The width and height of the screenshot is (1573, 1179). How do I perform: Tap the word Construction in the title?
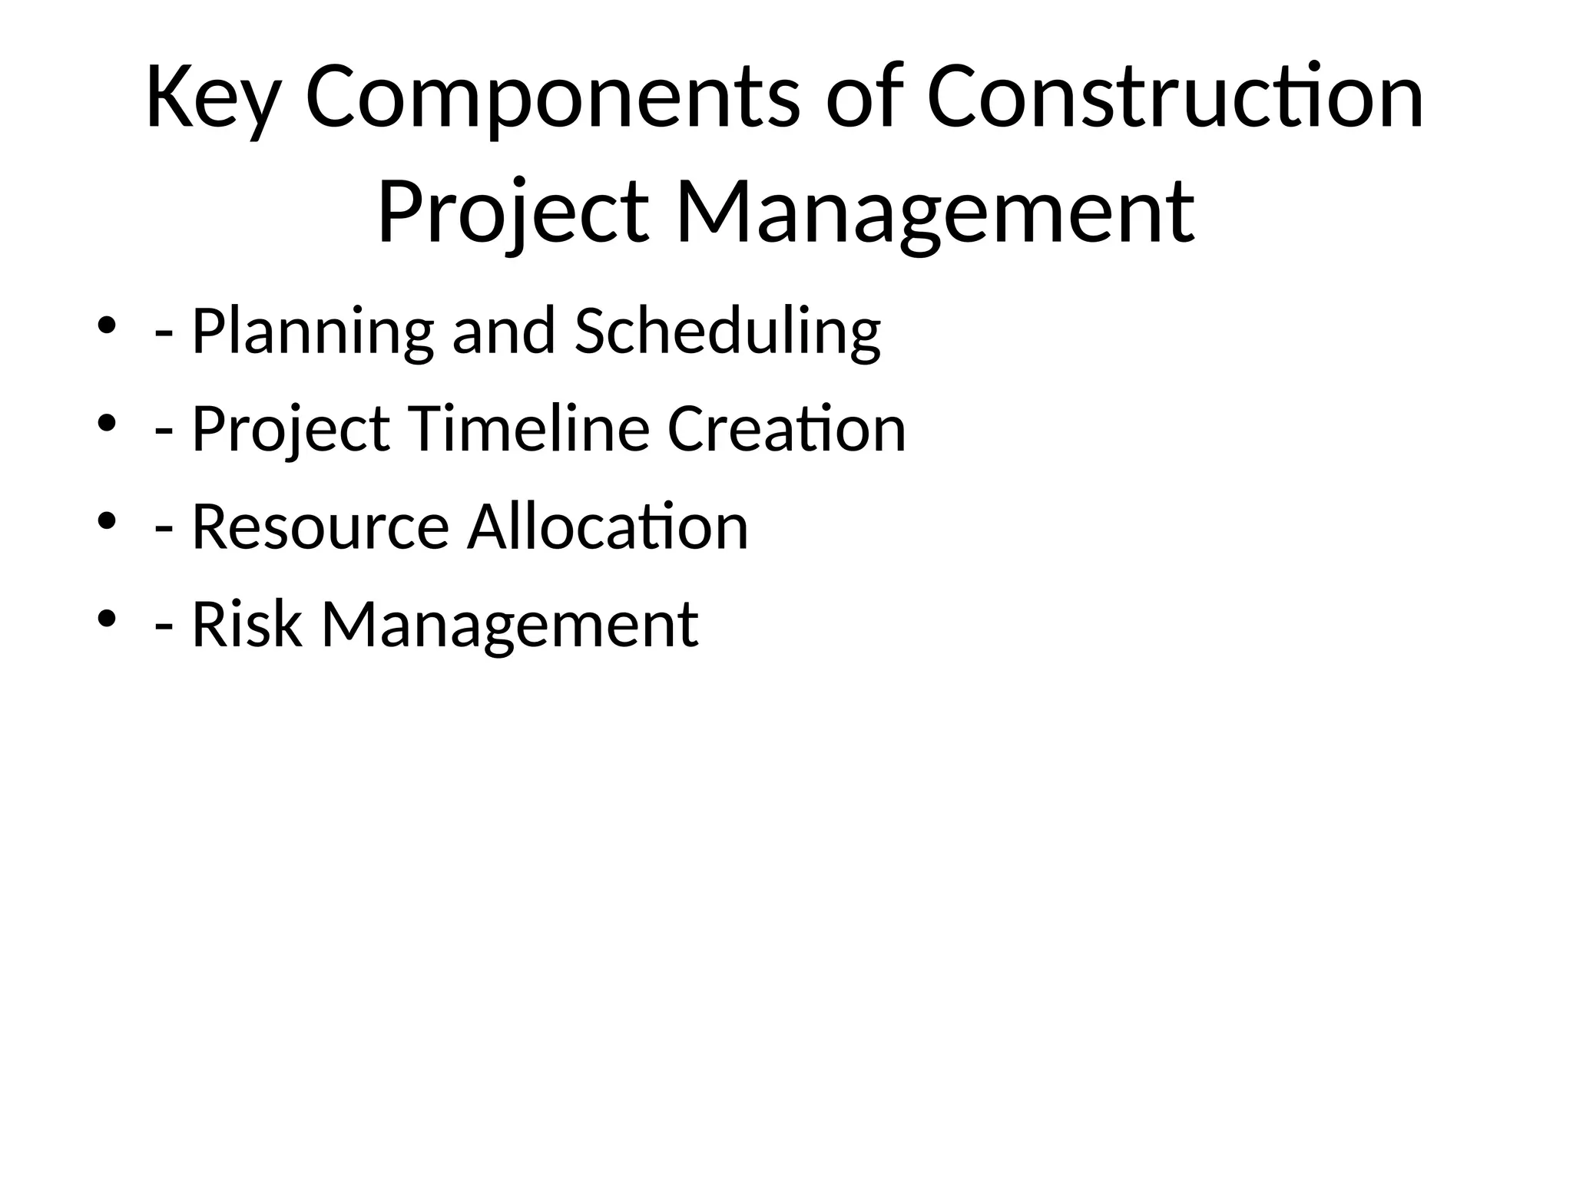coord(1175,98)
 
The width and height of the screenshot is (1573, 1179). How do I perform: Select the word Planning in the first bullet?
coord(312,332)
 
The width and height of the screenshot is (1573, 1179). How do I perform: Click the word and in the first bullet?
coord(503,331)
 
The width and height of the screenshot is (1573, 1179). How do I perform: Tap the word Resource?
coord(320,527)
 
